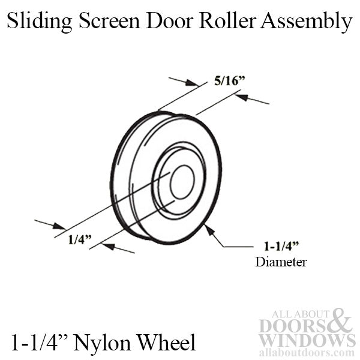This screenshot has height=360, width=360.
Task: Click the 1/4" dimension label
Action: point(79,239)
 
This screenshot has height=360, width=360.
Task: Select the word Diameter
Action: point(272,262)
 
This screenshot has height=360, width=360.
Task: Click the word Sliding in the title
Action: point(40,22)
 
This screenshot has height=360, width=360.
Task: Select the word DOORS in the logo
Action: point(291,326)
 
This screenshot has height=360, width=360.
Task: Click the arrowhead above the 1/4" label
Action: point(59,227)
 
